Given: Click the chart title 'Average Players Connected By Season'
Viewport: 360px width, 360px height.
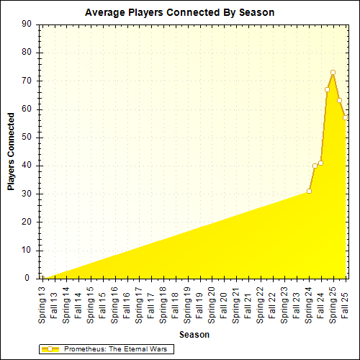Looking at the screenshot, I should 179,13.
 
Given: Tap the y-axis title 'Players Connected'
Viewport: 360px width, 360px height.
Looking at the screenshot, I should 11,151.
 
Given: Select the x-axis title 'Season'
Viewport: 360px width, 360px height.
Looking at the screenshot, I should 194,335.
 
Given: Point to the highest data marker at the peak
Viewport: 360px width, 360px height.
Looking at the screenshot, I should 333,72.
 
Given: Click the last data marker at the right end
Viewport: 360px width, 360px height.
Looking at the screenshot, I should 345,117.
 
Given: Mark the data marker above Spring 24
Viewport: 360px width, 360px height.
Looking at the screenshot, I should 309,191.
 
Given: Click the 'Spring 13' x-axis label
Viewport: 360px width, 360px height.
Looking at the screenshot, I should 42,302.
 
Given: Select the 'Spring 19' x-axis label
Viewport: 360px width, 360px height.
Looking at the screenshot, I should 187,302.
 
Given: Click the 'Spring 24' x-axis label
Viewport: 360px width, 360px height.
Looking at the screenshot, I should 309,302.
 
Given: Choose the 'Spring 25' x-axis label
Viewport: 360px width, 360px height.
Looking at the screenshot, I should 333,302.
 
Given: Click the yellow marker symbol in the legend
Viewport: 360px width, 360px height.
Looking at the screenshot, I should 50,348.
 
